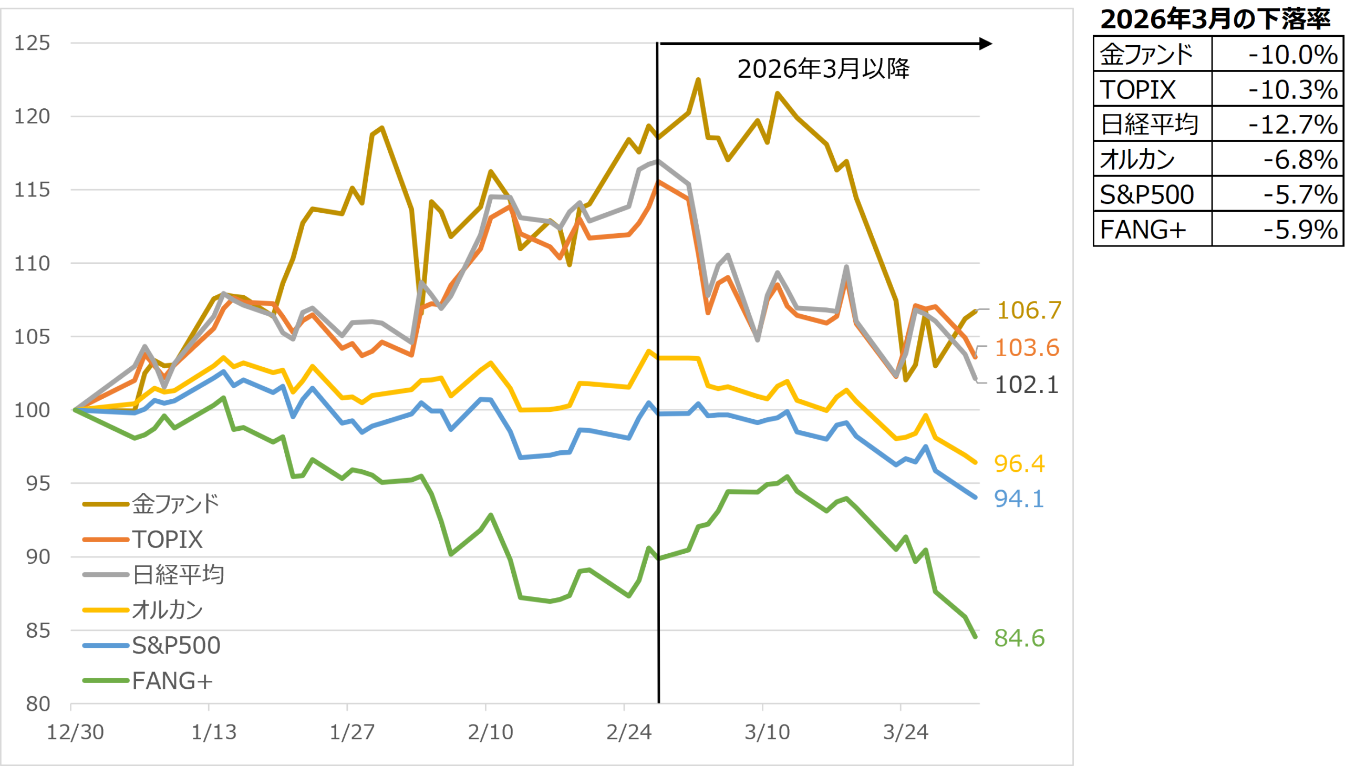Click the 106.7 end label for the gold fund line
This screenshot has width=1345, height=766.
tap(1029, 310)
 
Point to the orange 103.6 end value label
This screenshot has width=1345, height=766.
tap(1027, 348)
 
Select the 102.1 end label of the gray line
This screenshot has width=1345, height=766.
tap(1027, 385)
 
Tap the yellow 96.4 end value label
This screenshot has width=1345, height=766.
tap(1019, 463)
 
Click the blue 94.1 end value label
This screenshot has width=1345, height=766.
tap(1019, 499)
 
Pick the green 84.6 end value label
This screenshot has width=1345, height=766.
tap(1019, 638)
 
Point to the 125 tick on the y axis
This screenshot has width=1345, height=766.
tap(32, 43)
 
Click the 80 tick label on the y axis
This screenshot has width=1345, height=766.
tap(38, 704)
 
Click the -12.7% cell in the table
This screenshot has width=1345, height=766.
tap(1293, 125)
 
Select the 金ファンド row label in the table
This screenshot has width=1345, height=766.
tap(1147, 55)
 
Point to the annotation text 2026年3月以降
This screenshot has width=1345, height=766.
tap(823, 69)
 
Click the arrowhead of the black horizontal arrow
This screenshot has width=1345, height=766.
tap(986, 44)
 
